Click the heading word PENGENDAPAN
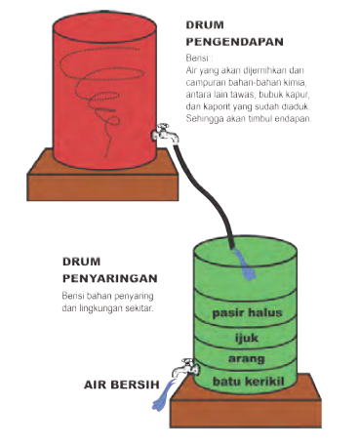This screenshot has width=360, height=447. pyautogui.click(x=234, y=42)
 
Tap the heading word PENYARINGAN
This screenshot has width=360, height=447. pyautogui.click(x=110, y=278)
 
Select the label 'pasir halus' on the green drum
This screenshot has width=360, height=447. pyautogui.click(x=247, y=313)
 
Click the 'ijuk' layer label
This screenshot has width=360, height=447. pyautogui.click(x=247, y=338)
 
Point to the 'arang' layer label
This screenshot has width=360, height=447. pyautogui.click(x=247, y=359)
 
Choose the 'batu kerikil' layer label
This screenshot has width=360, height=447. pyautogui.click(x=249, y=381)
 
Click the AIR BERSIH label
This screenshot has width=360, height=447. pyautogui.click(x=122, y=385)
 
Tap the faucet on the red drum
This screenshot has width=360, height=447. pyautogui.click(x=165, y=133)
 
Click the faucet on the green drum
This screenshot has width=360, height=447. pyautogui.click(x=185, y=368)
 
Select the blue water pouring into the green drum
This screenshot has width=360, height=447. pyautogui.click(x=245, y=264)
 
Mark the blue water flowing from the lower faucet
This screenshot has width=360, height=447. pyautogui.click(x=163, y=394)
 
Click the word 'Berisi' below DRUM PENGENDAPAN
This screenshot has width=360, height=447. pyautogui.click(x=196, y=59)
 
